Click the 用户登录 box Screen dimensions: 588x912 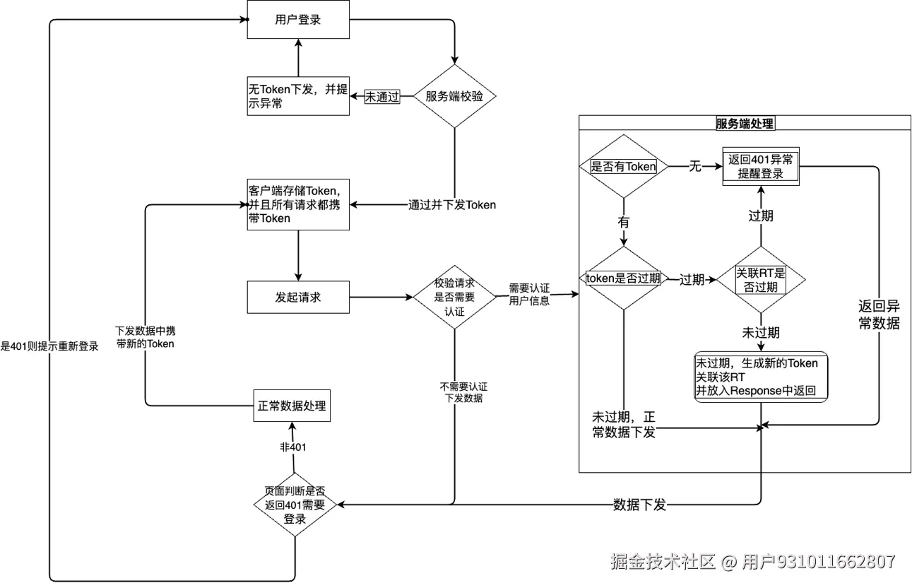pos(298,20)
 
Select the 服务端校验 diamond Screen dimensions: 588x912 pos(454,96)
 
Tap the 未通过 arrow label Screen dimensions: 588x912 pos(381,97)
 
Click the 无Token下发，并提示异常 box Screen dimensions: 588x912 pos(297,96)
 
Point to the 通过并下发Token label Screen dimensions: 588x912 pos(452,205)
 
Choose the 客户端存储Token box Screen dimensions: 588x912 pos(297,204)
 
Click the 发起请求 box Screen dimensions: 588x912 pos(297,297)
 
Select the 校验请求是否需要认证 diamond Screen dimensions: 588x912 pos(454,297)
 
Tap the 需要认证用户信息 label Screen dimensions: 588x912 pos(529,294)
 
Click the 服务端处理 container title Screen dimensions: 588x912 pos(745,124)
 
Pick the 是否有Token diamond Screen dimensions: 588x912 pos(623,167)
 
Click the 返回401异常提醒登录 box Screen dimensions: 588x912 pos(762,167)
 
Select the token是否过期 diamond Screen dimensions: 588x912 pos(623,278)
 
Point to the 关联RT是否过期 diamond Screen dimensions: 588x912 pos(762,279)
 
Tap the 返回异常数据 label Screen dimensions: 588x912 pos(879,315)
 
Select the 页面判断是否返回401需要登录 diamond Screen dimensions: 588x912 pos(295,505)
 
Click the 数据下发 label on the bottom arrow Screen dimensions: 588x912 pos(639,505)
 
